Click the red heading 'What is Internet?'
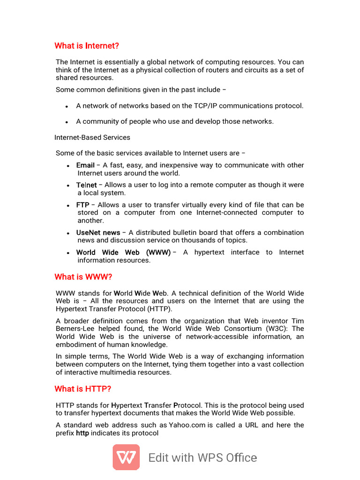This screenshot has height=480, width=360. pos(87,45)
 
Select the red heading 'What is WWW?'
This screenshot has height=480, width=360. pos(83,277)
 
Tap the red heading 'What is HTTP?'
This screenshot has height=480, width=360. pos(82,389)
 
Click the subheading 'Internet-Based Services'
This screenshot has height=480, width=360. pos(92,137)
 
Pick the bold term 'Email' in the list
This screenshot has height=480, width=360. pos(85,165)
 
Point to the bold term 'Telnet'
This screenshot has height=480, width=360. pos(86,185)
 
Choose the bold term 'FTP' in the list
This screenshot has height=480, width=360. pos(82,205)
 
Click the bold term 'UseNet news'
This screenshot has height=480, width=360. pos(98,232)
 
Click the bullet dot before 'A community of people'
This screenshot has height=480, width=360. pos(67,122)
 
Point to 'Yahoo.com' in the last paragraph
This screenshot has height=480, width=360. pos(187,425)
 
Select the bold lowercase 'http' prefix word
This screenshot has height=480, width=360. pos(82,433)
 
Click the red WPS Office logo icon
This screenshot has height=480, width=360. pos(126,457)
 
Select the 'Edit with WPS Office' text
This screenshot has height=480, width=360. pos(202,457)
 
